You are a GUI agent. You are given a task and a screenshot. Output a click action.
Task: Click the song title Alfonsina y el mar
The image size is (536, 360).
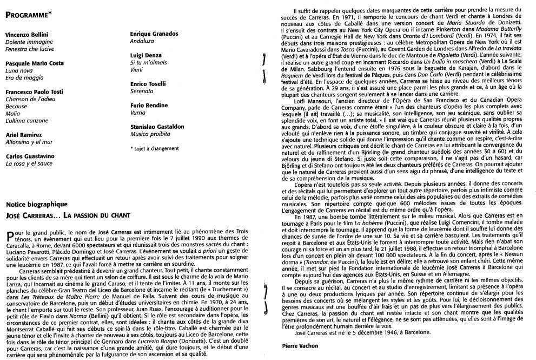[29, 142]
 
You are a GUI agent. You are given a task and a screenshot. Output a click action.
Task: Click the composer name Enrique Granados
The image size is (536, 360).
[154, 34]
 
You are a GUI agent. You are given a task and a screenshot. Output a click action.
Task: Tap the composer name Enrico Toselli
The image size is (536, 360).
[148, 84]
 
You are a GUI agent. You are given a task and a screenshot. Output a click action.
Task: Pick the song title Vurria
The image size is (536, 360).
[138, 113]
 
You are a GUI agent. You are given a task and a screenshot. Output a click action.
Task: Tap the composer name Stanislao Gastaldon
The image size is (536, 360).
[157, 126]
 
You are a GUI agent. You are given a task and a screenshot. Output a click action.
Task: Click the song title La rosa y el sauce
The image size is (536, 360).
[29, 163]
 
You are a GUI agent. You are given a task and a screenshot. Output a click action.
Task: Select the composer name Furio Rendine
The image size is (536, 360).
[149, 105]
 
